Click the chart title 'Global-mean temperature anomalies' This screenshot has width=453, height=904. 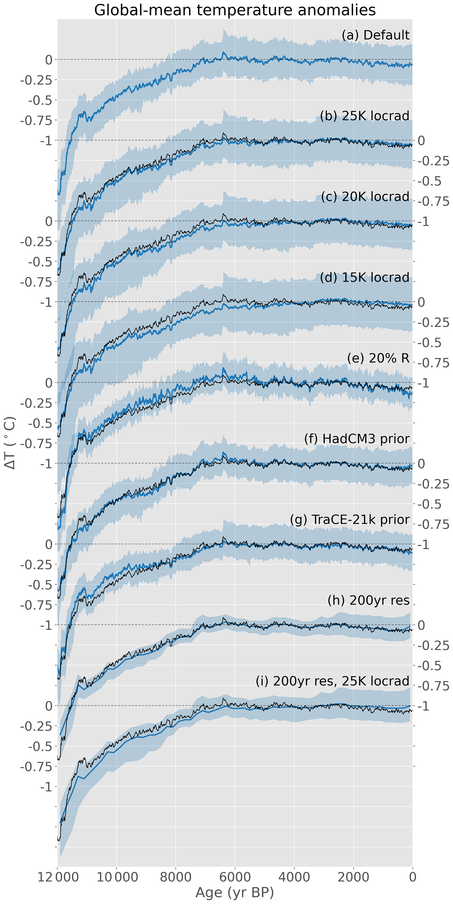point(235,10)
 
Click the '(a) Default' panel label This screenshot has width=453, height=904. point(375,35)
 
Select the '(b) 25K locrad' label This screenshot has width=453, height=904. point(365,116)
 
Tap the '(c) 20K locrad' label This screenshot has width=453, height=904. point(365,196)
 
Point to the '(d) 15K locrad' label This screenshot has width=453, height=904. point(365,278)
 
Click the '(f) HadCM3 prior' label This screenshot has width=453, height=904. point(357,439)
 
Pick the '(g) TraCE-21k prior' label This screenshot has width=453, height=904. point(350,519)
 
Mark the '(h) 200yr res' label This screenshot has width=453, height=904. point(368,601)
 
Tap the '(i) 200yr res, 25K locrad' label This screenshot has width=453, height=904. point(332,681)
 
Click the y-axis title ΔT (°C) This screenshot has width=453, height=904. point(11,443)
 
